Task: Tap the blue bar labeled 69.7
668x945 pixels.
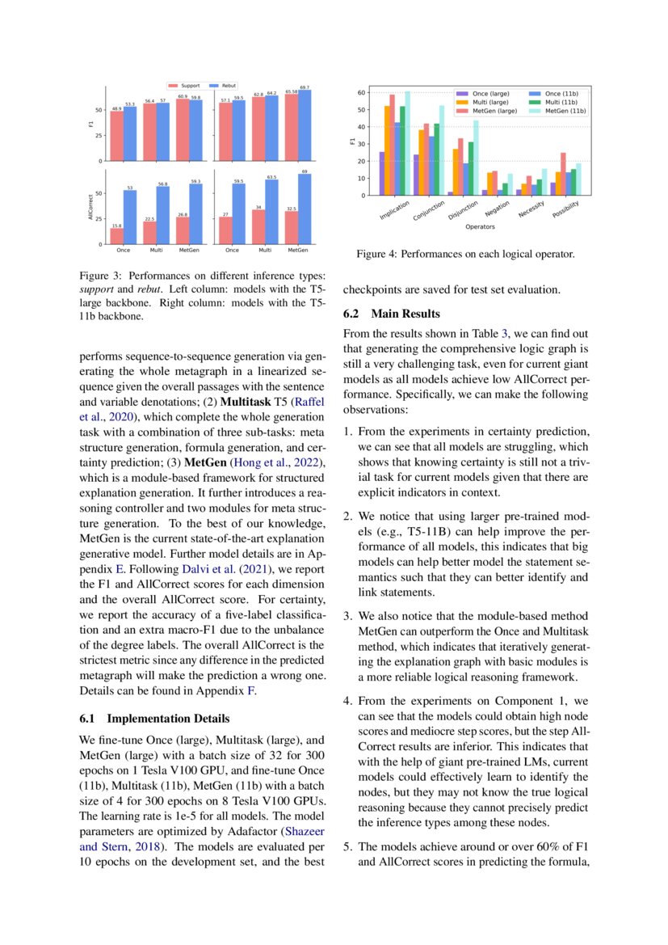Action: [305, 124]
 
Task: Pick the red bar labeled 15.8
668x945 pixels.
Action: [117, 235]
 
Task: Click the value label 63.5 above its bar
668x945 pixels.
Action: [271, 176]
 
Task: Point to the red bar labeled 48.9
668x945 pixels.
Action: [117, 135]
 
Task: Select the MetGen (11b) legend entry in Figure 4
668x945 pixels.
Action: [557, 111]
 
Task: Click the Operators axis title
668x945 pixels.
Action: [481, 227]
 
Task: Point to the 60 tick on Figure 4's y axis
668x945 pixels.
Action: [363, 93]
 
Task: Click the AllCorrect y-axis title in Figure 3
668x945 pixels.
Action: [90, 207]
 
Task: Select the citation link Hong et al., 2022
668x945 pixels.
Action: [279, 463]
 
